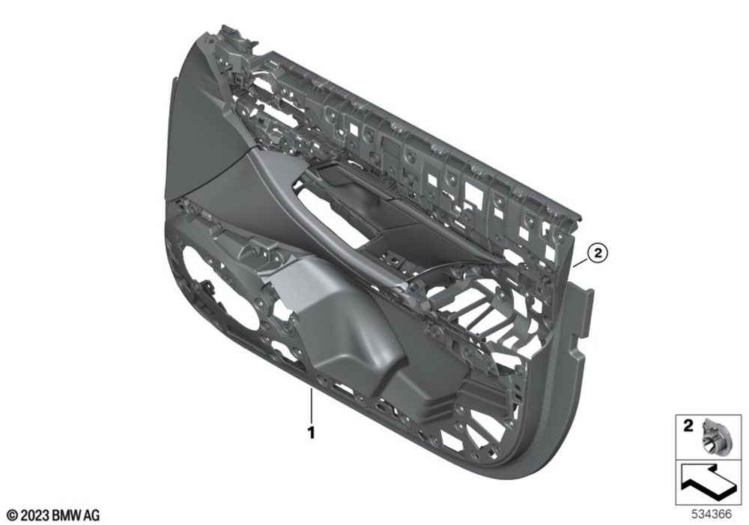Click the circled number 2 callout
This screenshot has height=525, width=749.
click(x=598, y=252)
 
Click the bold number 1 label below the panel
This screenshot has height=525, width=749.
click(x=311, y=433)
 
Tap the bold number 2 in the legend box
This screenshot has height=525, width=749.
click(x=688, y=425)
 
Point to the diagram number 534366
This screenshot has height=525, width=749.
click(x=712, y=514)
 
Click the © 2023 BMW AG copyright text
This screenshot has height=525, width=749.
click(x=53, y=515)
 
